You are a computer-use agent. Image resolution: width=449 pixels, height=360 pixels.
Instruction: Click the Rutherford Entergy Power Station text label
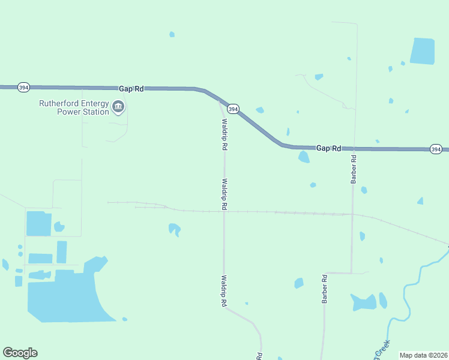74,107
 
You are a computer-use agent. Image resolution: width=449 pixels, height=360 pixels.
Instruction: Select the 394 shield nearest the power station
23,88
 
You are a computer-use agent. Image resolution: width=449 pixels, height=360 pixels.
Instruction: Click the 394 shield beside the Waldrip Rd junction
234,109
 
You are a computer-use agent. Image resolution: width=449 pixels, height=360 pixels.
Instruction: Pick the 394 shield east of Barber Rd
436,149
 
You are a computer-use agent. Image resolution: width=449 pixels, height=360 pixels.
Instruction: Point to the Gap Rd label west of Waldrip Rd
131,88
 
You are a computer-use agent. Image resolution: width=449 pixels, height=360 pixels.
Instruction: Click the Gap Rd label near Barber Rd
328,148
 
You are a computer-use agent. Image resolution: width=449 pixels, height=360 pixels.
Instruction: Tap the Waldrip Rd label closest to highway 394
223,134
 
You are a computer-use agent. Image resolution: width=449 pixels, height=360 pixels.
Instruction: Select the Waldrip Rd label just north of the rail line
224,193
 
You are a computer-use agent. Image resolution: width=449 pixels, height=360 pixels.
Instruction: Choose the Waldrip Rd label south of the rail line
223,291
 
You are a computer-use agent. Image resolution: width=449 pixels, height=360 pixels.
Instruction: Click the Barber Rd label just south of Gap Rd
354,169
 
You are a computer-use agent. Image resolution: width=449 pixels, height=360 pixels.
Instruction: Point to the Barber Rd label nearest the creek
324,289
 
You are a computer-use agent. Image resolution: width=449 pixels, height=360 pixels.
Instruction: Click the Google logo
20,353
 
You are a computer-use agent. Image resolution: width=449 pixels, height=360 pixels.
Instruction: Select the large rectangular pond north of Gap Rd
422,51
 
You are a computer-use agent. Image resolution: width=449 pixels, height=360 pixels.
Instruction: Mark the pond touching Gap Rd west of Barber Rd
304,157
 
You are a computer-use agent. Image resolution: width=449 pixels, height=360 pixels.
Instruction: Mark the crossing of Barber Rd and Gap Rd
355,148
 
